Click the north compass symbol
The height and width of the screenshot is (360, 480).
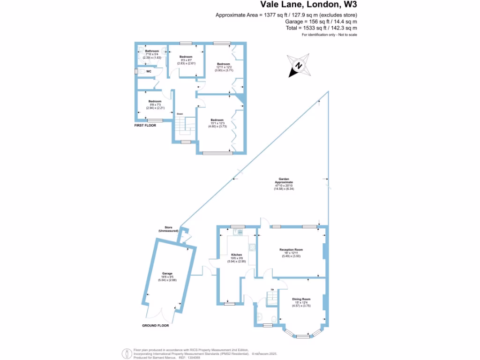[x=299, y=66]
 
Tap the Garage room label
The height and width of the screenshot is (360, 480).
[x=167, y=273]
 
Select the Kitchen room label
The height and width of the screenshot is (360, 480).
[x=236, y=255]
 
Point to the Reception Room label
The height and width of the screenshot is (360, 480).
[x=291, y=249]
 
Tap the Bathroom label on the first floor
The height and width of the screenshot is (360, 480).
[x=152, y=51]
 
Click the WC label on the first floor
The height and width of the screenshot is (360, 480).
[x=149, y=72]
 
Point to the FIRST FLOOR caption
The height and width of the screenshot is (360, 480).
[x=144, y=126]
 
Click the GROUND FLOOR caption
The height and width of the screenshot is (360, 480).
[x=155, y=325]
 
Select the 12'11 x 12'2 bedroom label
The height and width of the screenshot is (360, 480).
[x=223, y=64]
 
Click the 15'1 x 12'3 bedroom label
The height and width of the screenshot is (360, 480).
[x=217, y=120]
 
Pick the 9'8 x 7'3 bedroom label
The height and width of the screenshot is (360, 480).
[x=155, y=101]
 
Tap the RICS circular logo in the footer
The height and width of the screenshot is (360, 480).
[x=126, y=353]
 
